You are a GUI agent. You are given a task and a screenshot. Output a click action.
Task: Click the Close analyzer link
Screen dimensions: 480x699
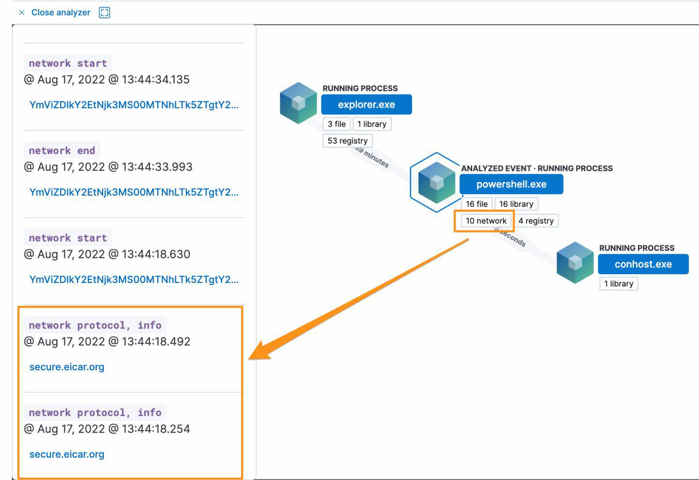[x=60, y=13]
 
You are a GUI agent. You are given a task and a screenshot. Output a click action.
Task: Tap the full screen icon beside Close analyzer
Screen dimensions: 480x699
[x=104, y=13]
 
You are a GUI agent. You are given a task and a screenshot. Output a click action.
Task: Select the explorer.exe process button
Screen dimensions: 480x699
[x=366, y=104]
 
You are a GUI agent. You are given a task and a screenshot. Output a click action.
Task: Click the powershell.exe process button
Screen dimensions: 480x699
[x=511, y=184]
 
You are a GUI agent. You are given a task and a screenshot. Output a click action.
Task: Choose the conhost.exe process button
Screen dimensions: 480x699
[x=643, y=264]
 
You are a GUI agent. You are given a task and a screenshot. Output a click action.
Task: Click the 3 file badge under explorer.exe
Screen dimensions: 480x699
[x=336, y=124]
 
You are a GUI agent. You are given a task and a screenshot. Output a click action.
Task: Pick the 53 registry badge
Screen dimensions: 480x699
[x=347, y=141]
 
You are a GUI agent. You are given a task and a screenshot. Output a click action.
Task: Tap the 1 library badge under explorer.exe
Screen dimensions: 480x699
[x=372, y=124]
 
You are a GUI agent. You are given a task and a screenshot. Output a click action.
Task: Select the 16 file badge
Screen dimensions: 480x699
[x=476, y=204]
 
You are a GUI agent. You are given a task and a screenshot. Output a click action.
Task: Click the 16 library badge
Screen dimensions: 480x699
[x=516, y=204]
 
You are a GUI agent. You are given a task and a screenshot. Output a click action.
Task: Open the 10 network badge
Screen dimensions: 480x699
[x=486, y=221]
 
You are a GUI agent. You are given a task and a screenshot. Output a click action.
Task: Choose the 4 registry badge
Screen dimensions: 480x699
[x=536, y=221]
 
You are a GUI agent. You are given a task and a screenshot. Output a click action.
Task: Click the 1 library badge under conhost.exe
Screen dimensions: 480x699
[x=618, y=284]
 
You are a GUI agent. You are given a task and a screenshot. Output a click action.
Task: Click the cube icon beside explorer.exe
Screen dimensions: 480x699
[x=298, y=102]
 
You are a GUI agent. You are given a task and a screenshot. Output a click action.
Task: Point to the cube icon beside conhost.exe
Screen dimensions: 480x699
[x=575, y=262]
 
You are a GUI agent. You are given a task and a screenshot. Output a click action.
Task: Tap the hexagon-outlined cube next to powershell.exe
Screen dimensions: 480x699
[x=436, y=182]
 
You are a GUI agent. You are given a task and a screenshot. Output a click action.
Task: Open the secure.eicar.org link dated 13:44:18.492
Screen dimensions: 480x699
[x=67, y=367]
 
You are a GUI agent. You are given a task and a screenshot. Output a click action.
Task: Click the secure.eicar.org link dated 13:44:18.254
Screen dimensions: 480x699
[x=67, y=454]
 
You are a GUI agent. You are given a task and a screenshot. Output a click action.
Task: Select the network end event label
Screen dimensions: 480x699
[x=62, y=150]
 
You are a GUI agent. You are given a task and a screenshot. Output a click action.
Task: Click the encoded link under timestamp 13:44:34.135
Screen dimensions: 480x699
[x=133, y=105]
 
